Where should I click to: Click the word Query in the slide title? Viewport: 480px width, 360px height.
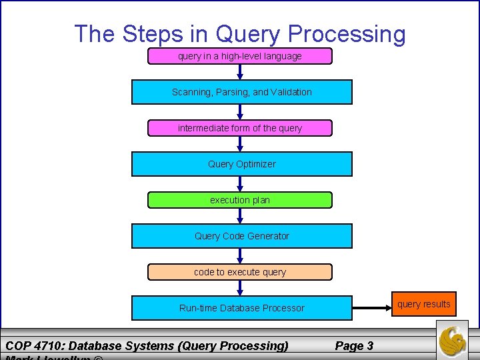point(249,34)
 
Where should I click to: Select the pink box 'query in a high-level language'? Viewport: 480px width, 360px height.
point(240,57)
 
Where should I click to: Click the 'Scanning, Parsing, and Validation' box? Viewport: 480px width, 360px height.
point(241,92)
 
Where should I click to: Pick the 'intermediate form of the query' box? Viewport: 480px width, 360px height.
point(240,128)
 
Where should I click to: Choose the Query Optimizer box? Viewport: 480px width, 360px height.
point(241,164)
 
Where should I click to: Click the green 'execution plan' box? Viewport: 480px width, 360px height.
point(240,200)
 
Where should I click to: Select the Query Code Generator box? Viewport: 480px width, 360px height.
point(241,236)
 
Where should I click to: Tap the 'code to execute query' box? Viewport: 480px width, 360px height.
point(240,272)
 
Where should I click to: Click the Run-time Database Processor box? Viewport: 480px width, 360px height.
point(241,308)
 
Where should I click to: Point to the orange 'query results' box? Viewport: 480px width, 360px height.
point(424,305)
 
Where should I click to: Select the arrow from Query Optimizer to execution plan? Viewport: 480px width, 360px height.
point(240,184)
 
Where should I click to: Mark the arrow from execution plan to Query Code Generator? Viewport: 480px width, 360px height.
point(240,216)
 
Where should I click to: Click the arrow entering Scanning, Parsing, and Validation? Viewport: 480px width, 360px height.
point(240,72)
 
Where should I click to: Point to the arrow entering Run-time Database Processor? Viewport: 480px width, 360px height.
point(240,288)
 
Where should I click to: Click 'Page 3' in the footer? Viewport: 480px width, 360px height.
point(353,345)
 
